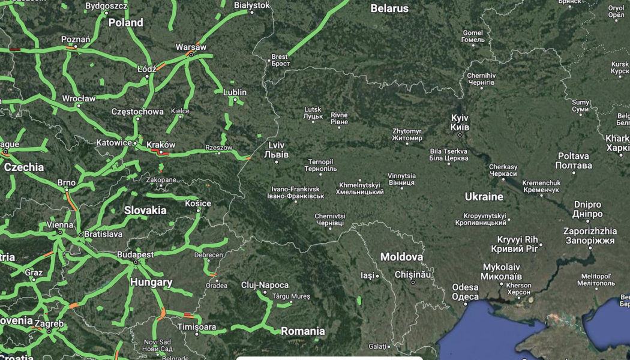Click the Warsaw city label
(191, 47)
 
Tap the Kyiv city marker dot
(460, 134)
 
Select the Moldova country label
(401, 257)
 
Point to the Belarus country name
(389, 8)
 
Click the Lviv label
(277, 149)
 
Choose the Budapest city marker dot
(136, 262)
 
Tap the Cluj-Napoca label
(265, 285)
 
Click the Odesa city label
(466, 292)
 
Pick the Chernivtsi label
(331, 219)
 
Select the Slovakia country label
(145, 210)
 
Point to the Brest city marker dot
(269, 60)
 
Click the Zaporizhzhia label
(590, 235)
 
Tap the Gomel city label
(473, 36)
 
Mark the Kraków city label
(160, 145)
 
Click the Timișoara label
(196, 326)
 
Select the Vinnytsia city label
(401, 179)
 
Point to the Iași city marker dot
(377, 276)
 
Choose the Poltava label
(573, 160)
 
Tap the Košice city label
(197, 203)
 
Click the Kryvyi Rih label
(514, 244)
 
